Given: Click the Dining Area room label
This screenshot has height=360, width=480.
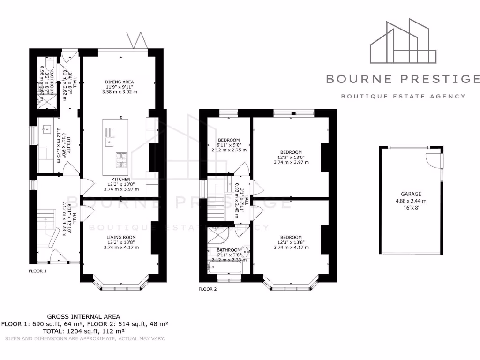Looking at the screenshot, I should [x=120, y=82].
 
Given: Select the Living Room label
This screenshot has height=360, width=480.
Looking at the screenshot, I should [x=120, y=237].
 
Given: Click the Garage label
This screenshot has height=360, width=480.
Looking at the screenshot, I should [x=411, y=194].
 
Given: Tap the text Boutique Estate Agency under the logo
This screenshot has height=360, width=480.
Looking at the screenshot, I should [x=403, y=96].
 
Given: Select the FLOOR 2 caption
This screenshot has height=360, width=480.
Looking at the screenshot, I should [x=208, y=289].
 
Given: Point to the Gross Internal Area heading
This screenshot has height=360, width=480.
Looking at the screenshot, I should [x=83, y=316].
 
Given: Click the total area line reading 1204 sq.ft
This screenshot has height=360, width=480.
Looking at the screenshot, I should [x=85, y=331].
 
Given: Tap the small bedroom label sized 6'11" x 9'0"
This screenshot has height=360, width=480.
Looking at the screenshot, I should [x=229, y=140].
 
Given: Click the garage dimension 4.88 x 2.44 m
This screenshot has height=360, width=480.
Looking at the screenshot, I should [x=411, y=201].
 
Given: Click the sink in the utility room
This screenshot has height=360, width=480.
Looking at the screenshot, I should [x=46, y=129].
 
